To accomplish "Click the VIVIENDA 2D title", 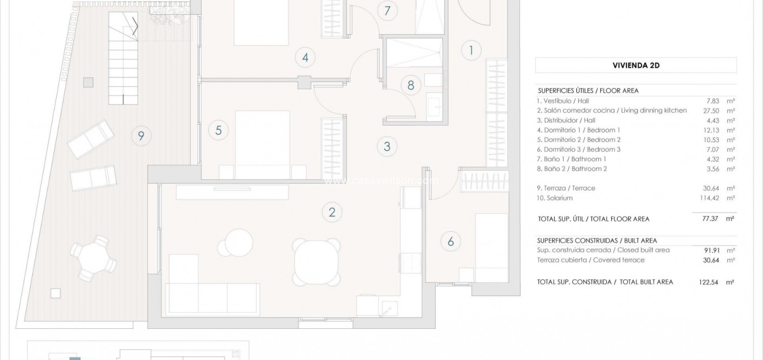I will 636,66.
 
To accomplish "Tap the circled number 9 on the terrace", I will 141,136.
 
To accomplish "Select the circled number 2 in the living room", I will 332,212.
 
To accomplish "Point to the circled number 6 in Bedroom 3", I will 450,241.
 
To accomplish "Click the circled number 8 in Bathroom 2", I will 410,85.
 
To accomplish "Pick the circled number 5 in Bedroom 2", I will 218,130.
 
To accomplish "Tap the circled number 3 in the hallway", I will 387,146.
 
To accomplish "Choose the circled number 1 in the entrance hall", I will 471,50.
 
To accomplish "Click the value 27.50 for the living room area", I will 711,111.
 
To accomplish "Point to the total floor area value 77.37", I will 710,218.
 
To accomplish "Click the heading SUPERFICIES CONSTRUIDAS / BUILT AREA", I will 597,241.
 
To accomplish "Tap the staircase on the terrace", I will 123,58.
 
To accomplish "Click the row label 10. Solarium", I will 554,198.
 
